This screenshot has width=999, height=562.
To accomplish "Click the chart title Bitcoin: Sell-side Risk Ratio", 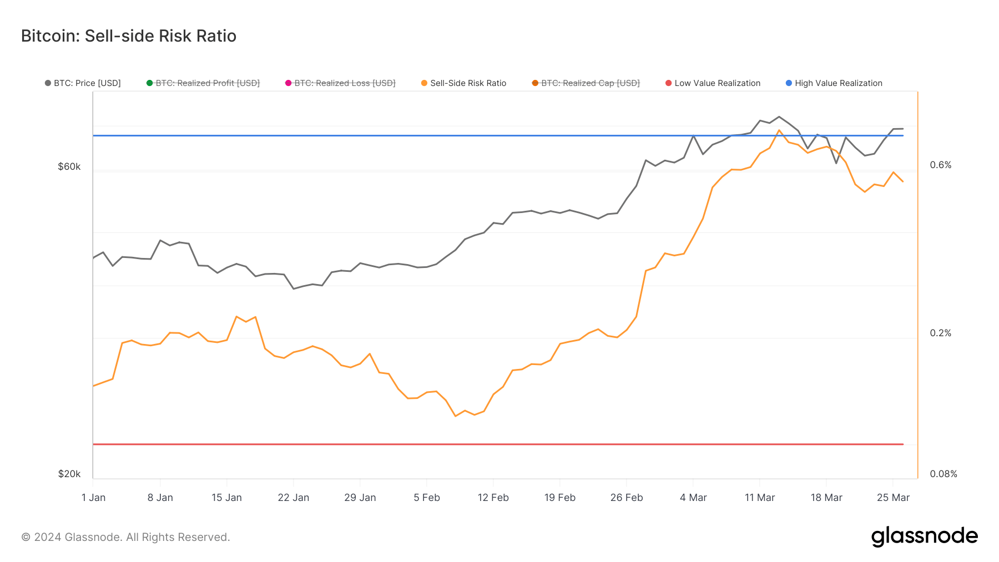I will [x=129, y=36].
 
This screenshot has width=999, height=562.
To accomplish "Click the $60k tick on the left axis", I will [x=69, y=166].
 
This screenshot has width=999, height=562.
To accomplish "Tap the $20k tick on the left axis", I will [x=69, y=474].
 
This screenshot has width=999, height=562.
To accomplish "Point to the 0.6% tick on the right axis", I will [x=941, y=165].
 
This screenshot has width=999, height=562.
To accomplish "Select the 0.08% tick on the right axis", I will [x=944, y=474].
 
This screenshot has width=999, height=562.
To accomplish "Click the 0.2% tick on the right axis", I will [x=941, y=333].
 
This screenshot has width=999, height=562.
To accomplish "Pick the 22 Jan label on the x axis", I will [x=293, y=498].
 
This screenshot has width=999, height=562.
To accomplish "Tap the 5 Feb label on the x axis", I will [x=426, y=498].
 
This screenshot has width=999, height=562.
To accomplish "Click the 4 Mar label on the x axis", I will [x=693, y=498].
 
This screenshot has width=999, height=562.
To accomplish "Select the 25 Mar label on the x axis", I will [x=893, y=498].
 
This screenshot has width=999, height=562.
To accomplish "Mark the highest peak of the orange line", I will [x=779, y=130].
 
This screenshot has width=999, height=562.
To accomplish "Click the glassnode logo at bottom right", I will [x=924, y=536].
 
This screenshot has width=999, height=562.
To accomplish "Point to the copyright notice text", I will [x=125, y=537].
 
